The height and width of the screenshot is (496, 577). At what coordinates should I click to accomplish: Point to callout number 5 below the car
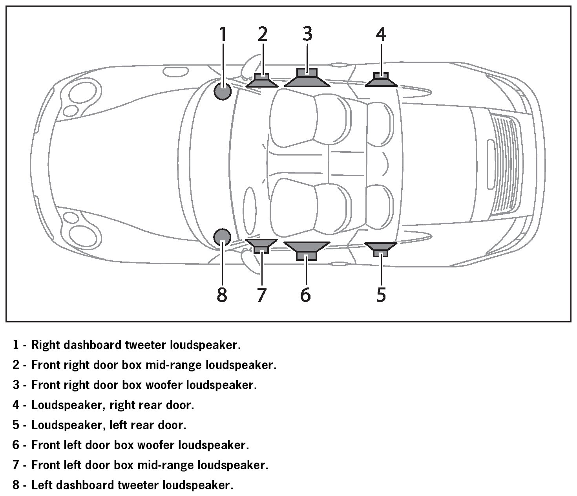coord(381,295)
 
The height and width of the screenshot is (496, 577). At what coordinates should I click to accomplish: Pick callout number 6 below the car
coord(306,295)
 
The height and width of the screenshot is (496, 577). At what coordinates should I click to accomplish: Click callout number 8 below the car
coord(222,295)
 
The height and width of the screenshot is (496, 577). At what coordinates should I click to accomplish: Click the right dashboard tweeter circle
coord(223,92)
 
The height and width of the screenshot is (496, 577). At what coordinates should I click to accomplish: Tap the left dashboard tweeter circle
coord(222,237)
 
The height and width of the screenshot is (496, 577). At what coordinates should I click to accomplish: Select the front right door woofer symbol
coord(307,79)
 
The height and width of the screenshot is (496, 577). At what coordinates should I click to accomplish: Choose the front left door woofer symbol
coord(307,250)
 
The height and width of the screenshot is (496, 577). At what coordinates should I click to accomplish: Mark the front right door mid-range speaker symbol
coord(262,81)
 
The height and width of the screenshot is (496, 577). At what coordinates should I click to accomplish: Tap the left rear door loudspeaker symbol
coord(381,249)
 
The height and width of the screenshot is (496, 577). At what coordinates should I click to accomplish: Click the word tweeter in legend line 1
coord(146,345)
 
